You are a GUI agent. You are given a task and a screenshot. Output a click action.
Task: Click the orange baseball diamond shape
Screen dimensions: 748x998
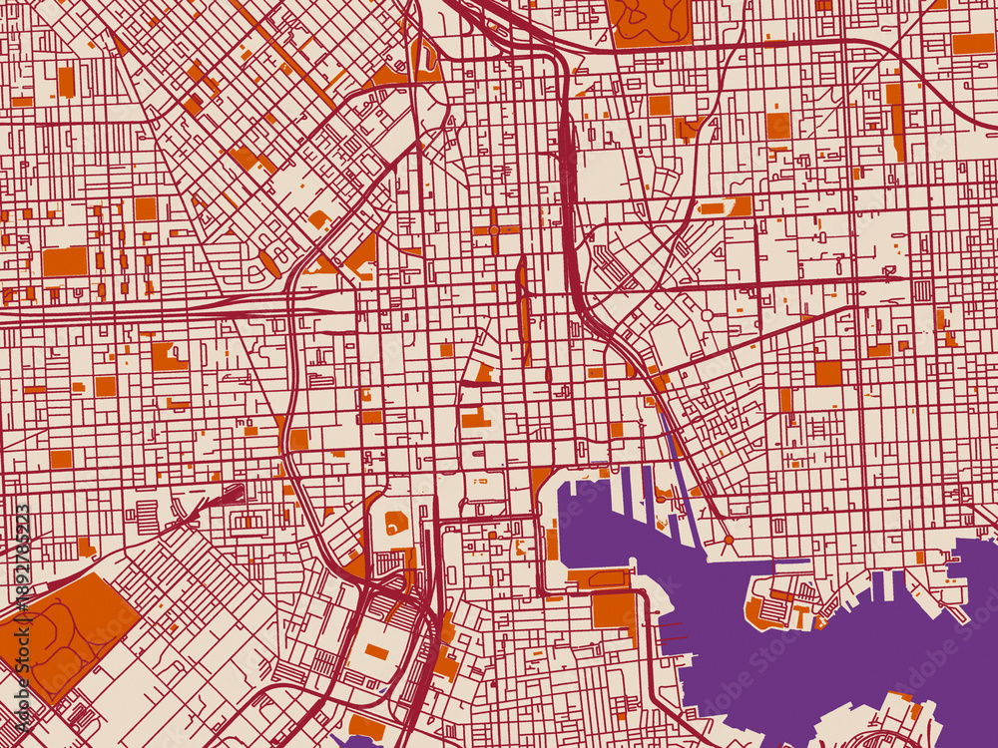pos(396,522)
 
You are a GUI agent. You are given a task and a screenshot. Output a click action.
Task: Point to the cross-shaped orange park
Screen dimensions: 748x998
pos(495,229)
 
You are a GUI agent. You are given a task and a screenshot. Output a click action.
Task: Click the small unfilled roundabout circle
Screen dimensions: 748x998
pos(707,315)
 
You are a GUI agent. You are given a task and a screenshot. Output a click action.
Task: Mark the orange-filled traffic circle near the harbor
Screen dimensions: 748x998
pos(730,540)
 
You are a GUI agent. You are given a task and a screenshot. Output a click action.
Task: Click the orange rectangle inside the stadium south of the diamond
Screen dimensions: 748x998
pos(376,651)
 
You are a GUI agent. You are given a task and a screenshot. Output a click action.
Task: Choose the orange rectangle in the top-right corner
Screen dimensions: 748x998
pos(972,43)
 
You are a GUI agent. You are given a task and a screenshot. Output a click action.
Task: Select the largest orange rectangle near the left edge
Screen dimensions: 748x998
pos(65,261)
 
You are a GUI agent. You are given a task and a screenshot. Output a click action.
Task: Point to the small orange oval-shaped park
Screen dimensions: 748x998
pos(269,264)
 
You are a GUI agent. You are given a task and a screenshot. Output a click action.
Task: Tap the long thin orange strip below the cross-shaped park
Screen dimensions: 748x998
pos(523,309)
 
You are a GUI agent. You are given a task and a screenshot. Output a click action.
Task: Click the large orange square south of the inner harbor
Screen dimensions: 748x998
pos(613,609)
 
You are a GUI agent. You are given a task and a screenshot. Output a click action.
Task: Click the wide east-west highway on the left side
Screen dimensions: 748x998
pos(150,310)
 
